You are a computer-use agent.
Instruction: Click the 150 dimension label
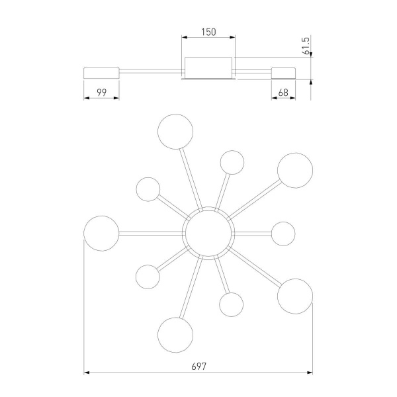point(208,32)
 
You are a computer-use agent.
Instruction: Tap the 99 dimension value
point(101,93)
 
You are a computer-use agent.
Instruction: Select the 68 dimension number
point(283,93)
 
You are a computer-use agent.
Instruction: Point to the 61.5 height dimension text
point(306,46)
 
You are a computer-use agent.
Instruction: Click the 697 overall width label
point(198,367)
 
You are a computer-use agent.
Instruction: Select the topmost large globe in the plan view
point(175,132)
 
